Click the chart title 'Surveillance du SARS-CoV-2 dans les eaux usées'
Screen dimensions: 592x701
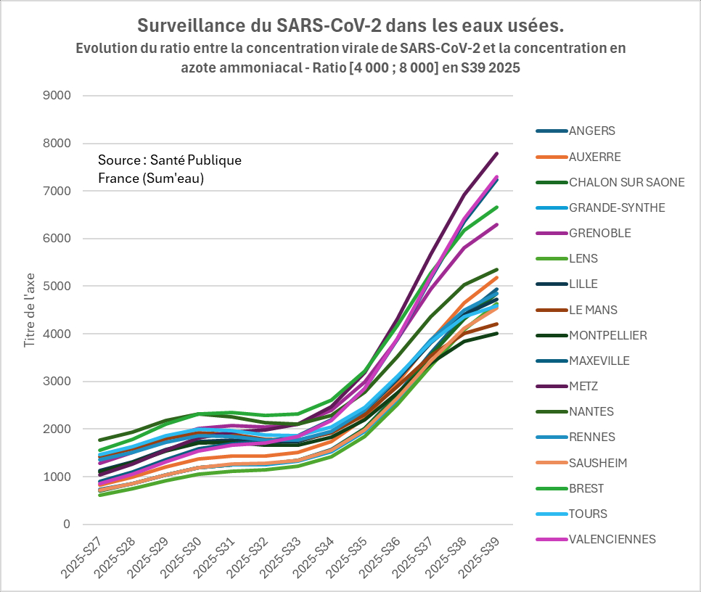click(x=350, y=26)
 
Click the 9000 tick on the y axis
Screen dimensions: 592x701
click(x=57, y=96)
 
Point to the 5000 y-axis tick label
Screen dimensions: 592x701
click(x=57, y=287)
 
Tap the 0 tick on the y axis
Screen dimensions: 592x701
click(x=67, y=525)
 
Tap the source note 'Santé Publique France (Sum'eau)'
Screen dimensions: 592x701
click(x=170, y=169)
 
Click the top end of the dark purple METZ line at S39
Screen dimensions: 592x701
click(x=497, y=153)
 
